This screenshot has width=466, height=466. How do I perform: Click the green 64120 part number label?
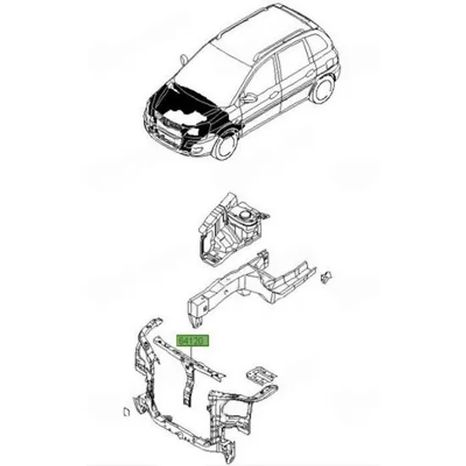coord(193,341)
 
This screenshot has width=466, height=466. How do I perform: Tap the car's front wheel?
coord(225,146)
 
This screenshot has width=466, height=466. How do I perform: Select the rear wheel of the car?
coord(322,88)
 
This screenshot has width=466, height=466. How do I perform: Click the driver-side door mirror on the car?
coord(248,97)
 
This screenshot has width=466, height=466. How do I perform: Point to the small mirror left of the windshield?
coord(183,58)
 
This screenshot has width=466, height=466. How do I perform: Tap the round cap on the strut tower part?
coord(246,214)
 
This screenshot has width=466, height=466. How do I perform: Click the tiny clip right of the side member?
coord(325,277)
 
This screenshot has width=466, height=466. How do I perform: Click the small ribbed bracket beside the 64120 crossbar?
coord(262,374)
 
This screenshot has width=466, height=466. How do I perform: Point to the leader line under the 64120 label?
coord(192,352)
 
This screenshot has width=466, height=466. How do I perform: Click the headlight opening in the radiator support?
coord(238,414)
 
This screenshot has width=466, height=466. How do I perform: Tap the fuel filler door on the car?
coord(330,63)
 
